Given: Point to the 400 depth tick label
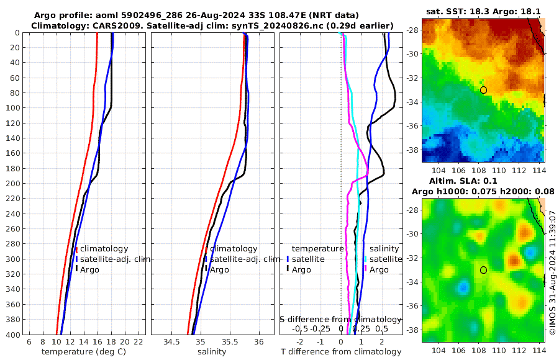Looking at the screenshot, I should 12,335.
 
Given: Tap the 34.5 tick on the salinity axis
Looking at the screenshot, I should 171,341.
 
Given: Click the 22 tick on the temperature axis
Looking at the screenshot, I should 139,341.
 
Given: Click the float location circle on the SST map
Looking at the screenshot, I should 483,90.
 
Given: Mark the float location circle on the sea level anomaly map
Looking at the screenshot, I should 483,270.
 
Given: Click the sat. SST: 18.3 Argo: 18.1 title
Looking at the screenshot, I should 483,11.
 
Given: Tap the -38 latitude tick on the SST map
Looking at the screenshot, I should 413,150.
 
